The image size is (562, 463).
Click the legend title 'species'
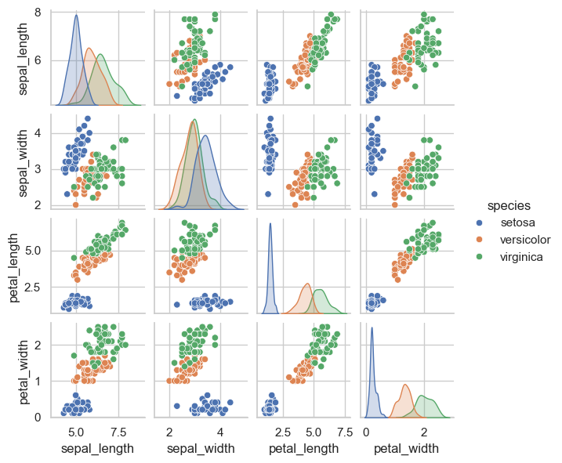point(511,206)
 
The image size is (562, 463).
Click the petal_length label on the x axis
point(303,448)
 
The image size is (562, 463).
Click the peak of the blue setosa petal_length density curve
point(270,224)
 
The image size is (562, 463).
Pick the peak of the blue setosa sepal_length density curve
point(76,16)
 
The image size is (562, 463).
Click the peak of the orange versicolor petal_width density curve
point(405,385)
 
